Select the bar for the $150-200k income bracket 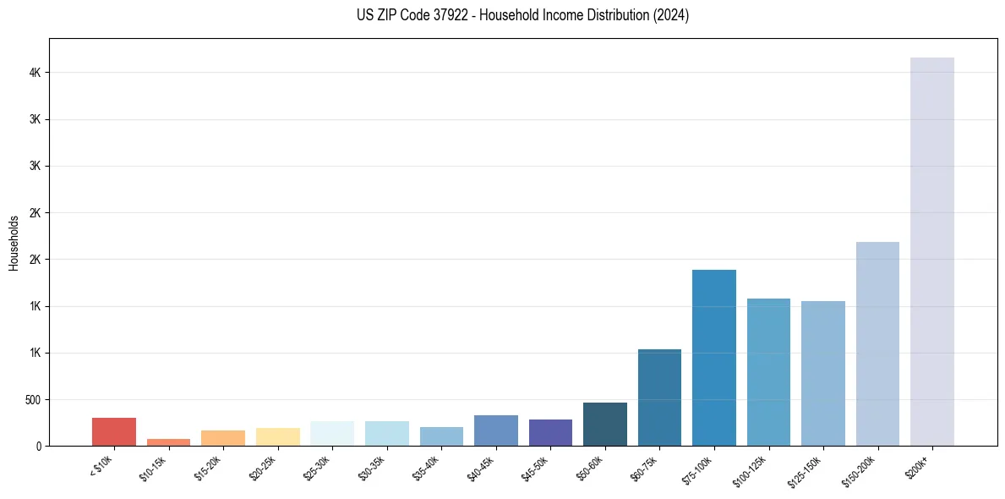[x=877, y=343]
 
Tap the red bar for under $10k [x=114, y=431]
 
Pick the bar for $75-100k [x=713, y=357]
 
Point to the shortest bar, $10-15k [x=168, y=441]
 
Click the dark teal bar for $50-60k [x=604, y=424]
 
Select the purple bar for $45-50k [x=550, y=432]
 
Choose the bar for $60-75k [x=659, y=397]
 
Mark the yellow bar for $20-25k [x=277, y=436]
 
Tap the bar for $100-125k [x=768, y=371]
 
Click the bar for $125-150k [x=822, y=373]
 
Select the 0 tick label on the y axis [x=38, y=446]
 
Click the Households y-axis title [x=14, y=243]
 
